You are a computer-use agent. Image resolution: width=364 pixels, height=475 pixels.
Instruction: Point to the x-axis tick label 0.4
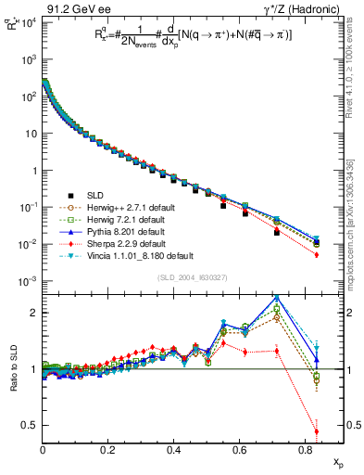point(174,450)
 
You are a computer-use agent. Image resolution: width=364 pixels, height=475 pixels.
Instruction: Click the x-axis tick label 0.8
point(306,450)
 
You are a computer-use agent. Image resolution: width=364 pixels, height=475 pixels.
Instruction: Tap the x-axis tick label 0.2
point(108,450)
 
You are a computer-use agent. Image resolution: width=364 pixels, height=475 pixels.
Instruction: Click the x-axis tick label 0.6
point(240,450)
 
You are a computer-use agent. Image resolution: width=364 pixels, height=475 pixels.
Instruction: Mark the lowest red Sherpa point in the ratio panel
point(317,431)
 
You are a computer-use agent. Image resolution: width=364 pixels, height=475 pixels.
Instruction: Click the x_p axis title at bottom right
point(336,461)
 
